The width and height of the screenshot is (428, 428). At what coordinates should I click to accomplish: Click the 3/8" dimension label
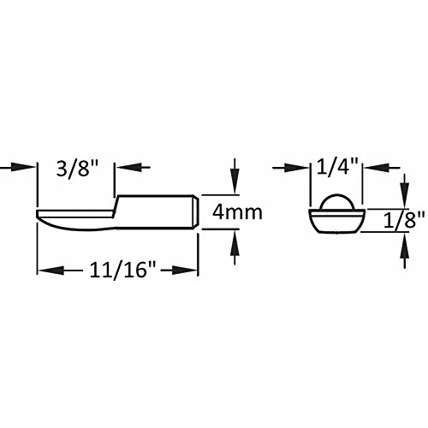(x=77, y=168)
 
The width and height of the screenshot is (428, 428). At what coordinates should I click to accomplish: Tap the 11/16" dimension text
(x=122, y=270)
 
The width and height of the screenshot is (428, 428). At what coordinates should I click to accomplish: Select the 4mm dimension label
(x=237, y=212)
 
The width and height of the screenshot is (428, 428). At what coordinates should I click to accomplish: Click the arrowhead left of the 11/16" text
(x=51, y=270)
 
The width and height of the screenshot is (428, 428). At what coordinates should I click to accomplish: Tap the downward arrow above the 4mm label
(x=235, y=176)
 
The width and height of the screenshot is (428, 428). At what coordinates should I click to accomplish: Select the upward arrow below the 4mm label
(x=235, y=247)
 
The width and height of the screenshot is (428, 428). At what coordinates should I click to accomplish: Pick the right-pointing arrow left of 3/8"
(x=17, y=167)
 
